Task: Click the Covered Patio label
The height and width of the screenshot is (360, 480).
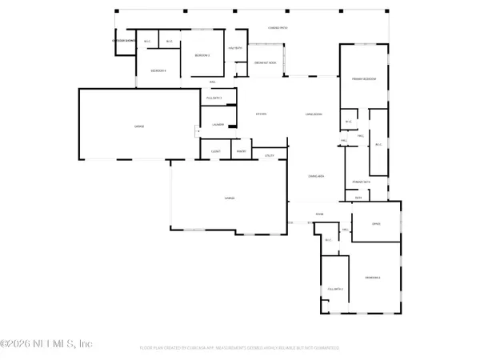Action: (256, 27)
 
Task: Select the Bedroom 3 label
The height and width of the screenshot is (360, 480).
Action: (202, 55)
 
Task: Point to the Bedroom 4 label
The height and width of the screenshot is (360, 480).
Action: (158, 71)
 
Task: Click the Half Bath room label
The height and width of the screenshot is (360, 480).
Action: (236, 48)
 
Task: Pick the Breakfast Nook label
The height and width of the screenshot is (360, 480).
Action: (266, 62)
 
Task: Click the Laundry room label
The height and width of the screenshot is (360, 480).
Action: (218, 124)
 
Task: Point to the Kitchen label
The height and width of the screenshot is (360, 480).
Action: (261, 114)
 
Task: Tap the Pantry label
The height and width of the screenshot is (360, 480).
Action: (239, 150)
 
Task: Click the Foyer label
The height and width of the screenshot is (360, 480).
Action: (318, 214)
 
